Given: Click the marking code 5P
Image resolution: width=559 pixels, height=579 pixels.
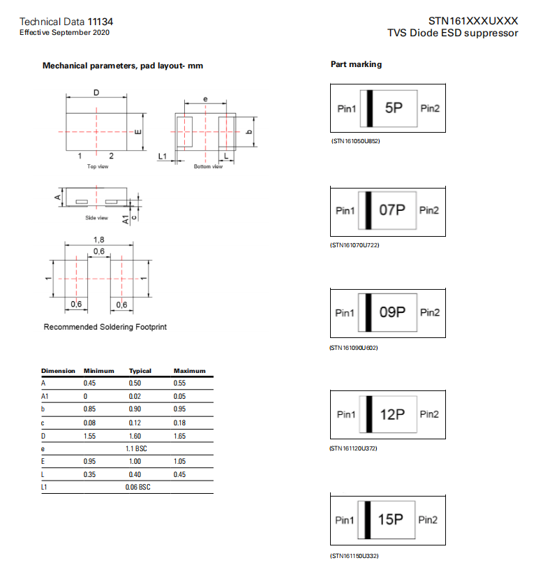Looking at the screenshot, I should [394, 108].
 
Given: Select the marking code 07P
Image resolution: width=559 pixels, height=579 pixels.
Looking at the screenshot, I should [392, 210].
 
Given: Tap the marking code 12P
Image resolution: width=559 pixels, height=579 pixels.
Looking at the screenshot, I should [392, 414].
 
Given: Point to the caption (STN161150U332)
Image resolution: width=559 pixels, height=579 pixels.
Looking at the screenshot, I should [355, 556].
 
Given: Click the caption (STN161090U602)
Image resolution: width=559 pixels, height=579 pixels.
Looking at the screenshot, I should [355, 347].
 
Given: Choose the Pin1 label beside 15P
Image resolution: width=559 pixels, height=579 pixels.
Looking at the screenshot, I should [345, 520].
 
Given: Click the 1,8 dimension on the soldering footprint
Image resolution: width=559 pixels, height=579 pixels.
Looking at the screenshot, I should [99, 240].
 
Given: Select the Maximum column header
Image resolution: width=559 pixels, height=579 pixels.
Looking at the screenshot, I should [189, 371].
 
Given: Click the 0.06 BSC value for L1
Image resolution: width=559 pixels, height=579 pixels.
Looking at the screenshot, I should [137, 487].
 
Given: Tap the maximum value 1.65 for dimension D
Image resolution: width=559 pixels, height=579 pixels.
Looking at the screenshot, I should [180, 435].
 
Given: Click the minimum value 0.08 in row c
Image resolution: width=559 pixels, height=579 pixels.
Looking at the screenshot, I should [89, 423].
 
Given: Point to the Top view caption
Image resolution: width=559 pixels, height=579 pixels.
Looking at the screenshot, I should [97, 167].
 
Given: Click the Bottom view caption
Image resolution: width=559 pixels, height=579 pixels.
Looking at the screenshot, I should [208, 167].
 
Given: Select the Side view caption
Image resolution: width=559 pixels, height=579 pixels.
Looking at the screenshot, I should [97, 218].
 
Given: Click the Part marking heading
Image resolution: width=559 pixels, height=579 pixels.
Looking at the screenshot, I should [356, 64].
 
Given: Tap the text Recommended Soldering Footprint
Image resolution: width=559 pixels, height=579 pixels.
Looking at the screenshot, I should [105, 327].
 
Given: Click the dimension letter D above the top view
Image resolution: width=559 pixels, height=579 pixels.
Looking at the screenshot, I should [96, 92].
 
